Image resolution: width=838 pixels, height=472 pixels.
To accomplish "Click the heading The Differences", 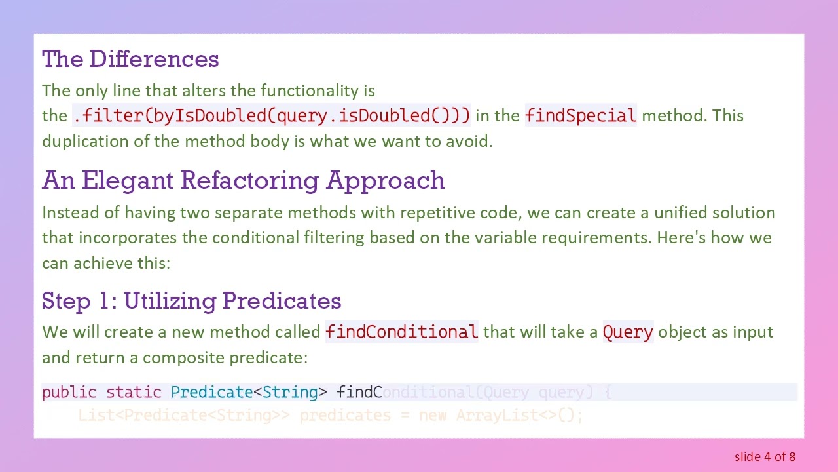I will tap(130, 59).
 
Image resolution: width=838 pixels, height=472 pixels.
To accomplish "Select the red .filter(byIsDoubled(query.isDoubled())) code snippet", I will tap(272, 116).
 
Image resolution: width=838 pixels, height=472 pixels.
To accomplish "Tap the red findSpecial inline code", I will tap(580, 116).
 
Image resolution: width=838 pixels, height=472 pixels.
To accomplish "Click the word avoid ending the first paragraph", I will tap(471, 141).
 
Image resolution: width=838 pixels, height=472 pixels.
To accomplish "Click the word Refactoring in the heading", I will tap(250, 180).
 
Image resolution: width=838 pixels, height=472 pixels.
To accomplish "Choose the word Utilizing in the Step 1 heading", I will tap(170, 301).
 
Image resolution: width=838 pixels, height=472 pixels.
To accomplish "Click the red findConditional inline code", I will tap(401, 332).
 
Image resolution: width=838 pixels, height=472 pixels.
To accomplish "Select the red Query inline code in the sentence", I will tap(628, 332).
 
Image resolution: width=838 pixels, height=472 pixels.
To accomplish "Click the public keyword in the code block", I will tap(69, 393).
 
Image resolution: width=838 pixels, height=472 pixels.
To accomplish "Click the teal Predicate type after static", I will tap(211, 393).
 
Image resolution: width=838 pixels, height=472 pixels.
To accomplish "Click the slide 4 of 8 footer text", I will tap(765, 456).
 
